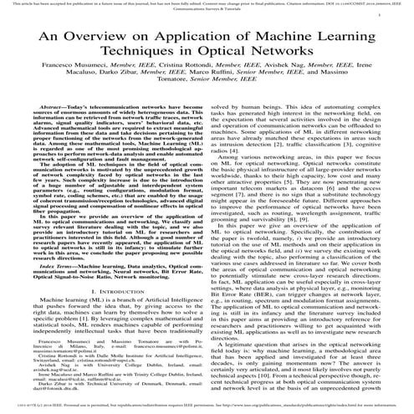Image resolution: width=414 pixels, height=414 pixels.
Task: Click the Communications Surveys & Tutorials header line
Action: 207,12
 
